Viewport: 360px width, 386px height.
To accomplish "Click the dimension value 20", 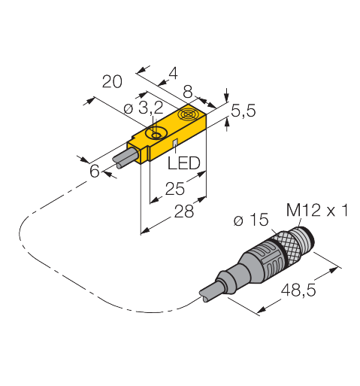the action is (x=112, y=81).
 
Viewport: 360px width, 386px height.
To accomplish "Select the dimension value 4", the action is (x=174, y=74).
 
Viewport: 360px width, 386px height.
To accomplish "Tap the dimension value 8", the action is (x=188, y=92).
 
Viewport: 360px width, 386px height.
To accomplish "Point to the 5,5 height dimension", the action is (x=244, y=111).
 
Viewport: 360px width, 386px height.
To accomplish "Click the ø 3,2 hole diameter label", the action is (x=144, y=108).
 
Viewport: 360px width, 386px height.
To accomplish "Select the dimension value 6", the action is (x=95, y=172).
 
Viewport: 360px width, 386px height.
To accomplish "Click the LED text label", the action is (x=184, y=163).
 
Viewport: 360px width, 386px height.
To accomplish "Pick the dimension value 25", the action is (x=175, y=189).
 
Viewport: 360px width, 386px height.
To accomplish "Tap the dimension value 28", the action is (x=184, y=211).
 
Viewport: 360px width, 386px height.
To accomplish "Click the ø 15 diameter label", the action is (x=251, y=220).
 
